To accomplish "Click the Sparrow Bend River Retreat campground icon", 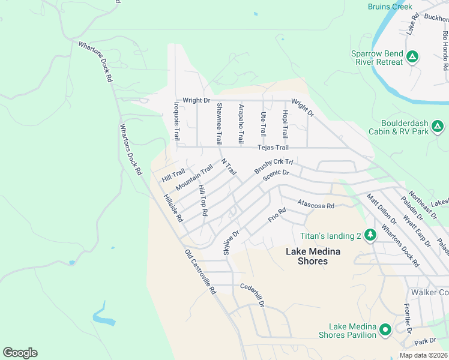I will (x=412, y=58).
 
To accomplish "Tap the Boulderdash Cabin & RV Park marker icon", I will (x=438, y=127).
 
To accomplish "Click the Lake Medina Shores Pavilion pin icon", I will (x=385, y=329).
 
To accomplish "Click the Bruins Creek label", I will (x=390, y=7).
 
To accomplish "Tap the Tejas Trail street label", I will (x=273, y=148).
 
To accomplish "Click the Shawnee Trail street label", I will (x=219, y=123).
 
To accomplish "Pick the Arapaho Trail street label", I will (x=241, y=122).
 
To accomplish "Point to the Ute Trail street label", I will (x=262, y=123).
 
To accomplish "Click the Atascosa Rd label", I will (x=315, y=205).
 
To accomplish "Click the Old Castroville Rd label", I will (x=200, y=271).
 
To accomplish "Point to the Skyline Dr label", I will (x=231, y=242).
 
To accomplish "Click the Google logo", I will (x=20, y=353).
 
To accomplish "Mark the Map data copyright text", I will (x=423, y=355).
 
